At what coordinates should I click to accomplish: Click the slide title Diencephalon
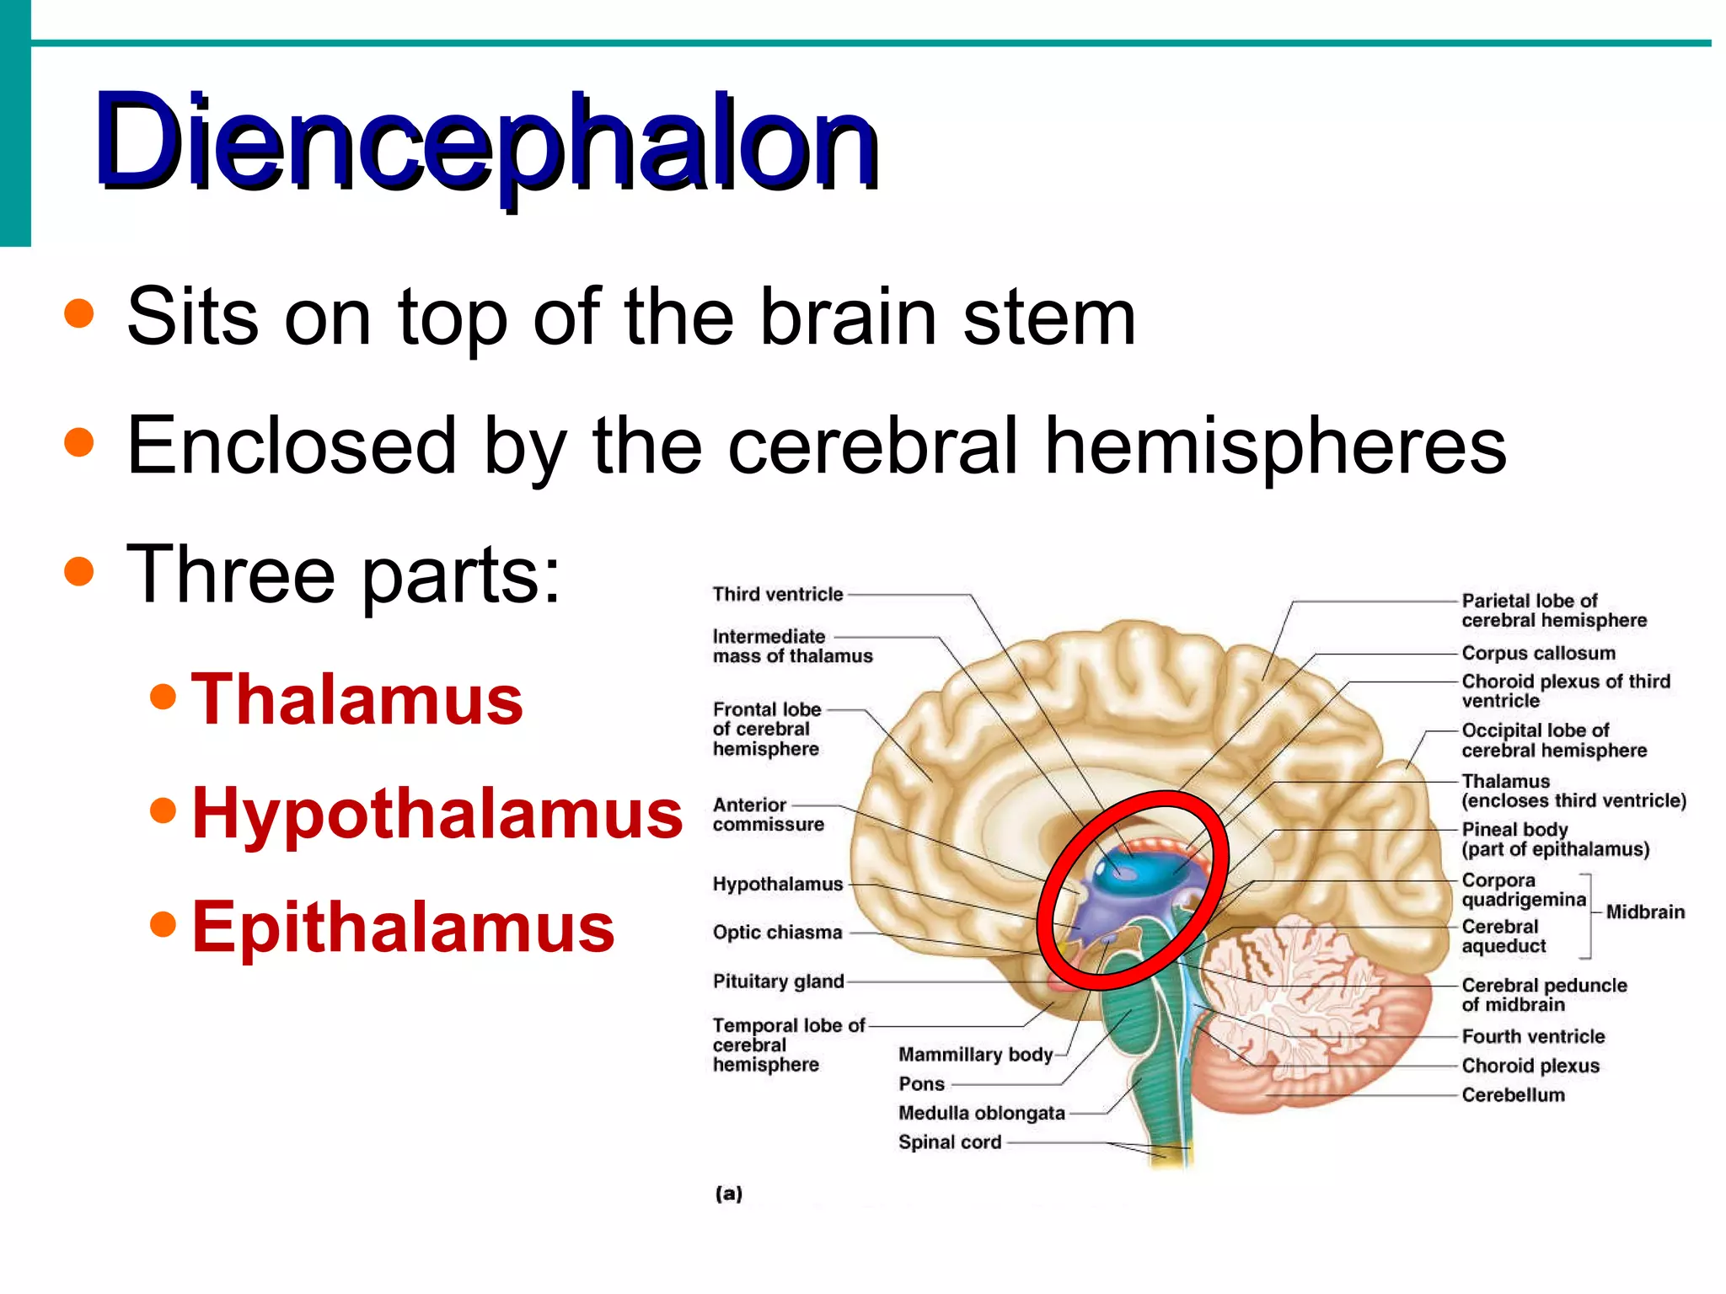(x=486, y=141)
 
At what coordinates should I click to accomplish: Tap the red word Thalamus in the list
(x=356, y=699)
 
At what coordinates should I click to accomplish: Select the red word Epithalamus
(x=403, y=927)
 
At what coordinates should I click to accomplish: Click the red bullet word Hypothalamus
(x=437, y=813)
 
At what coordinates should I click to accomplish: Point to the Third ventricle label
(x=777, y=595)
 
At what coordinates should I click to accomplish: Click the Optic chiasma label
(x=777, y=933)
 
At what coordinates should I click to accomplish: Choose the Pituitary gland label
(x=778, y=981)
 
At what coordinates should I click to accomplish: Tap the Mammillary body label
(x=975, y=1055)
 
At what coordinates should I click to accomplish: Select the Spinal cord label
(x=950, y=1142)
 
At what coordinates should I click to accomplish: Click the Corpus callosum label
(x=1538, y=653)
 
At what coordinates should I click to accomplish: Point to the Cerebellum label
(x=1513, y=1095)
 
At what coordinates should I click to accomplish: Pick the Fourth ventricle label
(x=1533, y=1036)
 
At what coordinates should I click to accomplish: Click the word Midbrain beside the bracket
(x=1645, y=912)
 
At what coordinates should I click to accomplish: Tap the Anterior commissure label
(x=768, y=815)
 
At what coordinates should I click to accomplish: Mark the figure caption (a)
(x=729, y=1193)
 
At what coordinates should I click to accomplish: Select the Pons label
(x=921, y=1084)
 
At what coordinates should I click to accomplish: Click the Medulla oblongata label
(x=982, y=1113)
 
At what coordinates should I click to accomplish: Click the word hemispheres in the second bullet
(x=1275, y=446)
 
